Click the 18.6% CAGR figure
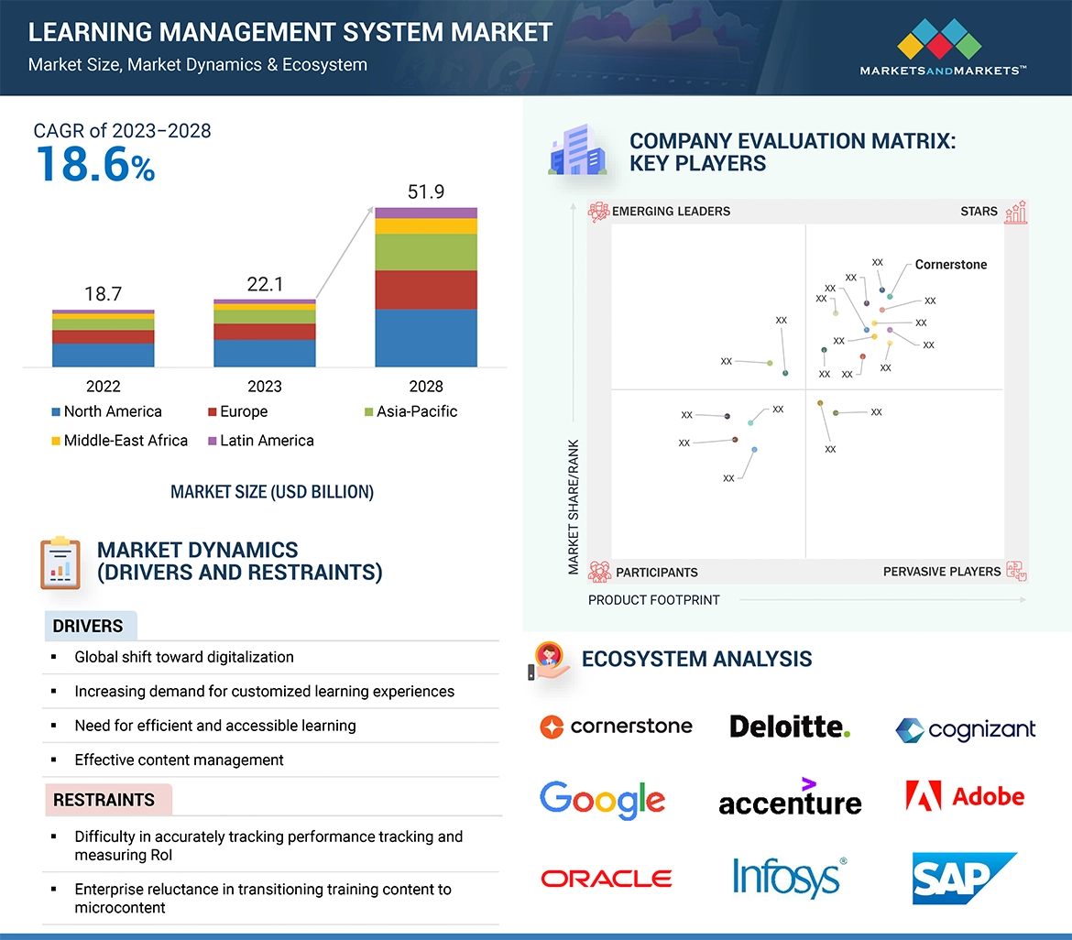pos(95,166)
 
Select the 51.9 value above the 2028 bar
pos(426,191)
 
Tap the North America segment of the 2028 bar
pos(426,337)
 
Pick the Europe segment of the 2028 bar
pos(426,290)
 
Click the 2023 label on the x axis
pos(265,386)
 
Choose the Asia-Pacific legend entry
pos(416,411)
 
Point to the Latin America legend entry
pos(266,441)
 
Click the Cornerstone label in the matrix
pos(951,265)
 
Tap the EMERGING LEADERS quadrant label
pos(671,212)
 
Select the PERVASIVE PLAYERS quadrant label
pos(942,572)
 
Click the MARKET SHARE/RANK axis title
pos(574,508)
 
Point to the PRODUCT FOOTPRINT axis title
pos(654,600)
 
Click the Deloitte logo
pos(790,727)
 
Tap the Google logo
pos(602,800)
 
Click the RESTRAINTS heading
pos(104,800)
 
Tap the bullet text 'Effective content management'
pos(179,760)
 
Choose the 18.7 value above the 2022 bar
pos(104,294)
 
